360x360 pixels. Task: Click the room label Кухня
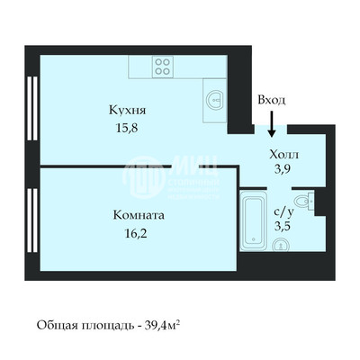129,110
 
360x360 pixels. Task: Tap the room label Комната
139,215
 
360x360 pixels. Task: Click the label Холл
283,154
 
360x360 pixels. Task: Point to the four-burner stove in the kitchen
163,65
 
